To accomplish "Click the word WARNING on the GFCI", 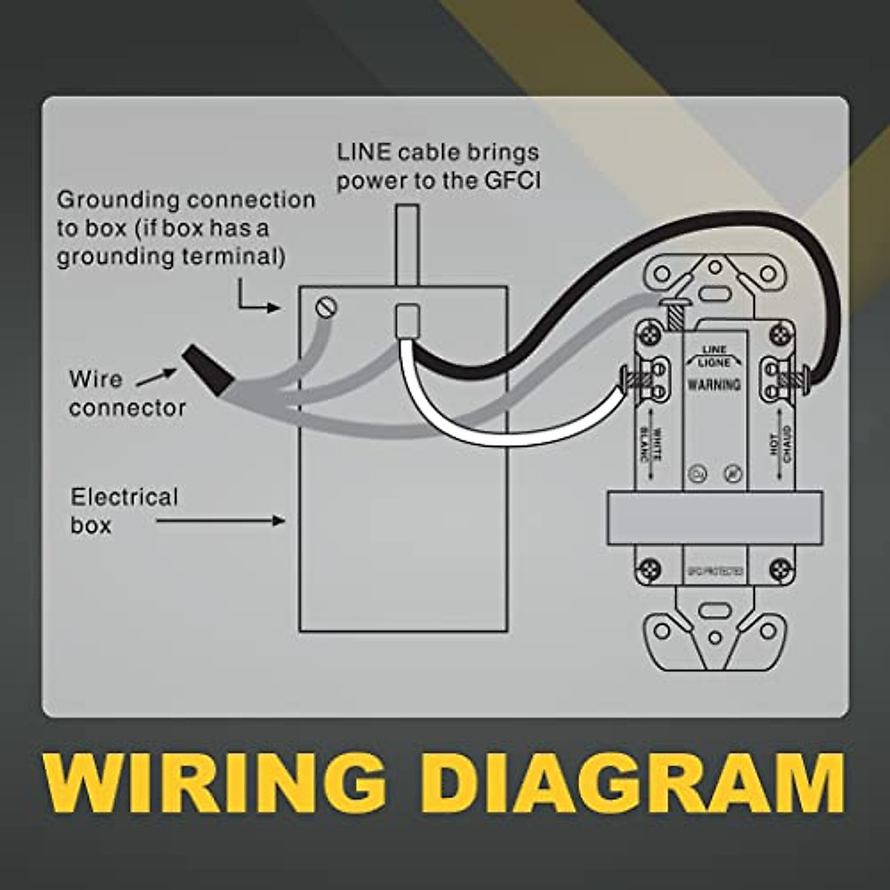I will click(713, 384).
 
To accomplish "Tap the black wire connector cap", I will click(211, 370).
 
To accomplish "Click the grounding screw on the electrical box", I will click(323, 304).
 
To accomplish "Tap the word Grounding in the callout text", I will click(119, 200).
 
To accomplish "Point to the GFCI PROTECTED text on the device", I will click(713, 573).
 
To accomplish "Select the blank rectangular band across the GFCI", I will click(713, 517).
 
